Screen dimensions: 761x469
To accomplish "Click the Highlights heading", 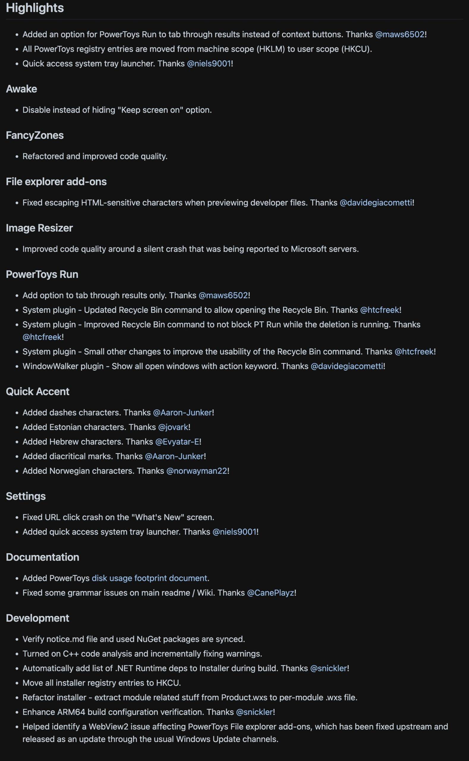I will tap(35, 8).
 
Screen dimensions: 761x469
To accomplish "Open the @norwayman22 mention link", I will tap(197, 471).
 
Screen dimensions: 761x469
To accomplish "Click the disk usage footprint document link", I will tap(149, 578).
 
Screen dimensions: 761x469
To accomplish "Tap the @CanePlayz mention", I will tap(270, 592).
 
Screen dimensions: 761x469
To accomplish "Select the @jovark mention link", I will tap(173, 427).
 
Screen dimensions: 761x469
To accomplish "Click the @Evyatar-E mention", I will tap(177, 442).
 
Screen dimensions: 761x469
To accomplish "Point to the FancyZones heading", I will tap(35, 135).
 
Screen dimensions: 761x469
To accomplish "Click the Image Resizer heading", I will tap(40, 228).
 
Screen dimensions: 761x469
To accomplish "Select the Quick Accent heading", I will tap(37, 391).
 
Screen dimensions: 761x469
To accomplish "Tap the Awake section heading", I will tap(21, 89).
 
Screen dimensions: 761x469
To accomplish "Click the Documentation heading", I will tap(43, 557).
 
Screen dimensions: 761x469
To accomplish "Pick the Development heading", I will tap(37, 618).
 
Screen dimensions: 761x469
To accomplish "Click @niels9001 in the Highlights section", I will tap(209, 64).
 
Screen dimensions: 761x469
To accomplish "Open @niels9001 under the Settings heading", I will tap(234, 532).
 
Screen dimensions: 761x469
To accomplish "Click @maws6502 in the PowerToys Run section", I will tap(223, 295).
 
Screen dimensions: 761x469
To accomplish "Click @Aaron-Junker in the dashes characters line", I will tap(182, 413).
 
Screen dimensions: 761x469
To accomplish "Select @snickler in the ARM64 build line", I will tap(254, 712).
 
